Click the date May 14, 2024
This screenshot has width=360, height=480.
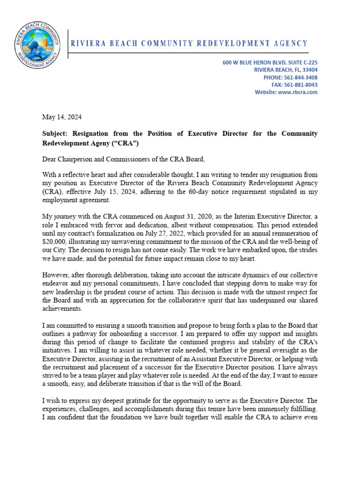point(62,116)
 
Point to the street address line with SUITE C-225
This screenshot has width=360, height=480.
point(270,62)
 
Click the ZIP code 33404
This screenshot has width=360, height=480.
point(310,70)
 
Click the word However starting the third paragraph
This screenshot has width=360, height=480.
point(57,275)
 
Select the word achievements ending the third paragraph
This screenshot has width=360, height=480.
point(62,308)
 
